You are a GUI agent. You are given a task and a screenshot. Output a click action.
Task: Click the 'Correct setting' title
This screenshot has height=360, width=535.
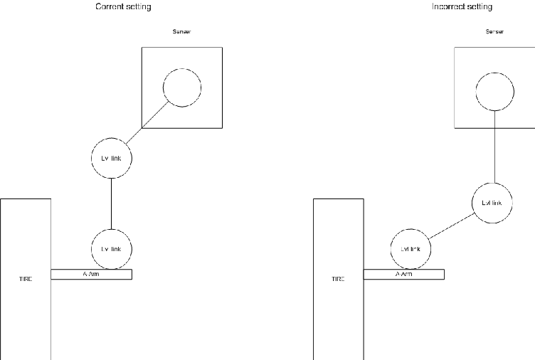tap(123, 7)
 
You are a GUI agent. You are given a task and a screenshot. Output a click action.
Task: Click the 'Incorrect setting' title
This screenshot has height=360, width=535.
tap(462, 7)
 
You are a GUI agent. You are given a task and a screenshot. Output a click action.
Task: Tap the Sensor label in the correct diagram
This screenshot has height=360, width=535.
tap(181, 32)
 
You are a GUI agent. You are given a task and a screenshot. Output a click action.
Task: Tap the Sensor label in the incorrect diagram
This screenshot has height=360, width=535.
tap(494, 32)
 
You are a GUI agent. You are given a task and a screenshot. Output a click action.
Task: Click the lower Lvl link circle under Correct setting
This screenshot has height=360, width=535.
tap(112, 248)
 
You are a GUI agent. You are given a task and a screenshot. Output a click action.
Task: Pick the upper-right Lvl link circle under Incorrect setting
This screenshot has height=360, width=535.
tap(492, 203)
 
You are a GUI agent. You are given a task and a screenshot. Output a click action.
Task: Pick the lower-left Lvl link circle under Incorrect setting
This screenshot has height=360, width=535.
tap(411, 249)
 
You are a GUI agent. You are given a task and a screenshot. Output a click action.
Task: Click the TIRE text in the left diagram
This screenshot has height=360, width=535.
tap(26, 279)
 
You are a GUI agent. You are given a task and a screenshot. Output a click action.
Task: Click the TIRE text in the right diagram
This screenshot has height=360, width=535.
tap(338, 279)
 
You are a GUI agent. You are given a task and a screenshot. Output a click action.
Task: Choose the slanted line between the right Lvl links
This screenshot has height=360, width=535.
tap(452, 226)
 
